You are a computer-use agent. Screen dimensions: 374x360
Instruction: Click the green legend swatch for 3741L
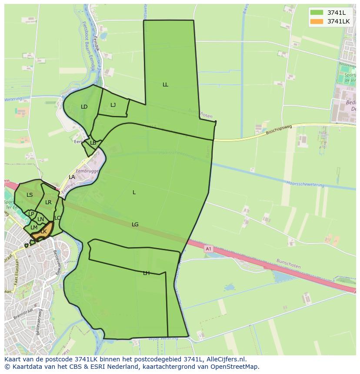317,12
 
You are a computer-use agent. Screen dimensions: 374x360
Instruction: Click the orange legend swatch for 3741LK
317,21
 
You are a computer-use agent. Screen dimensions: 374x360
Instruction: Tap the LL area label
165,85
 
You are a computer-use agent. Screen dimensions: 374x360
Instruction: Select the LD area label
84,107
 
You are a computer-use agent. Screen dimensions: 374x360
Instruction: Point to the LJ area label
113,105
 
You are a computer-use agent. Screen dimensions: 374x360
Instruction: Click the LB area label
93,143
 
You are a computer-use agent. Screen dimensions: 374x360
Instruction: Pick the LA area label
72,177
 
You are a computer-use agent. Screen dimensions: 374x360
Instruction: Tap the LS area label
30,195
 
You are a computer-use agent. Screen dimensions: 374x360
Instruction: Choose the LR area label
48,202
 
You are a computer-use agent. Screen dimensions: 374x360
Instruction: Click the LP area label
31,214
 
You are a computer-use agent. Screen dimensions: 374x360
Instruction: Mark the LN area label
40,219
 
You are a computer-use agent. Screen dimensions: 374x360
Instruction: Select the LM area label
34,228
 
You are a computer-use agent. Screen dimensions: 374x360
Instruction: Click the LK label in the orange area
43,232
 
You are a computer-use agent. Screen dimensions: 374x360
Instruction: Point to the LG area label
135,225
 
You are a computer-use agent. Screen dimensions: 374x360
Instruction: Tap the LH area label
146,273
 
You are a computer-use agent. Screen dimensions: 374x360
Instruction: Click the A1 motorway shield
208,249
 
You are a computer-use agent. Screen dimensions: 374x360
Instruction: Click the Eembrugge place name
87,172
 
